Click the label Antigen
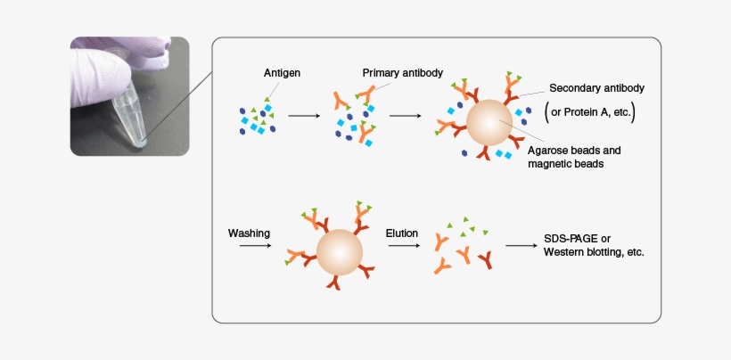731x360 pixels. coord(281,73)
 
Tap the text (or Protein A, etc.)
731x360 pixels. coord(589,112)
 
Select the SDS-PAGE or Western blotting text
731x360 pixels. coord(593,245)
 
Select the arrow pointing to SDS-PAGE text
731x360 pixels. coord(520,245)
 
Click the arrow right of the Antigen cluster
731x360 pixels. coord(303,116)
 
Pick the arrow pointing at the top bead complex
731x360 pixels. coord(406,116)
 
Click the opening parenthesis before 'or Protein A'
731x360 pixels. coord(546,112)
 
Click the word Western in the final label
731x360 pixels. coord(566,252)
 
